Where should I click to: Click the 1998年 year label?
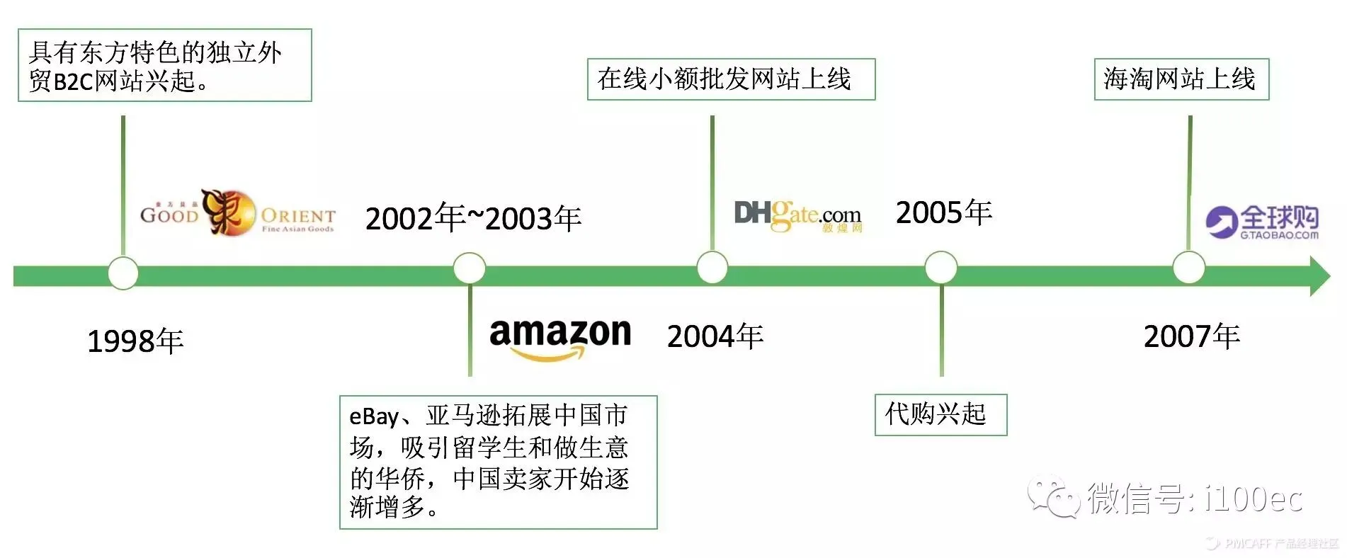(x=135, y=341)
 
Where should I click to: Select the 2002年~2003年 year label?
(x=472, y=217)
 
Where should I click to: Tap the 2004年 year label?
(x=715, y=336)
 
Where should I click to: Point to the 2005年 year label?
(x=943, y=212)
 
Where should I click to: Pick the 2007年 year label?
(x=1191, y=336)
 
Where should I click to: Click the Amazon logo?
(x=559, y=337)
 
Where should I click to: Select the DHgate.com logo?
(x=797, y=215)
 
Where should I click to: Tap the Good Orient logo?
(x=237, y=212)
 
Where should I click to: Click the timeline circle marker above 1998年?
(x=123, y=273)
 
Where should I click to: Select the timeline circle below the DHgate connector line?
(x=712, y=268)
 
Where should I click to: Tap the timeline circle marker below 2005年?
(x=940, y=268)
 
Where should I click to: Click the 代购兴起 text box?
(x=940, y=414)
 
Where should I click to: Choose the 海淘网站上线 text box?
(x=1181, y=79)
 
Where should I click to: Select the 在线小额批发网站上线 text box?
(x=730, y=79)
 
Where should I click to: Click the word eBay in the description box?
(x=374, y=416)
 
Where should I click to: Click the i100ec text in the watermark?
(x=1253, y=499)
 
